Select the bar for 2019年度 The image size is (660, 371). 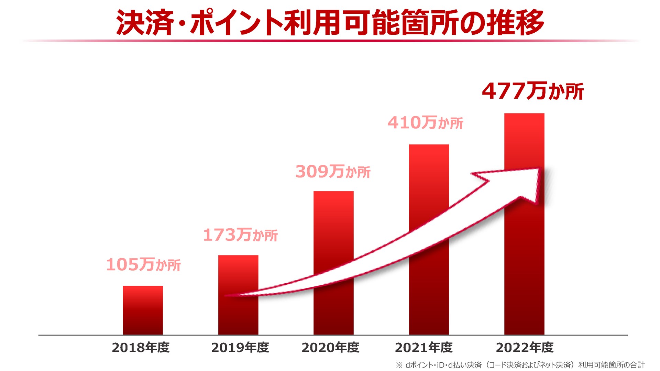pyautogui.click(x=238, y=275)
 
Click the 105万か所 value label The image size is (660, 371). pyautogui.click(x=143, y=265)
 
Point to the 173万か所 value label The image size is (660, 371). pyautogui.click(x=240, y=235)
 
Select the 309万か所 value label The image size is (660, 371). pyautogui.click(x=333, y=172)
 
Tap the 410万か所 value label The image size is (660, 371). pyautogui.click(x=426, y=123)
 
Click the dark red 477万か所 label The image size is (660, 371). pyautogui.click(x=533, y=91)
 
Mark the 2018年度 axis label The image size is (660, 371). pyautogui.click(x=141, y=348)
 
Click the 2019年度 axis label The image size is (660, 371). pyautogui.click(x=240, y=348)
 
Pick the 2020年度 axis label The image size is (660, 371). pyautogui.click(x=330, y=348)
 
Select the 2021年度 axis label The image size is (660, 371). pyautogui.click(x=423, y=348)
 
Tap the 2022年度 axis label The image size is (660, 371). pyautogui.click(x=525, y=348)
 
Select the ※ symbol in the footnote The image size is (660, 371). pyautogui.click(x=399, y=365)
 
